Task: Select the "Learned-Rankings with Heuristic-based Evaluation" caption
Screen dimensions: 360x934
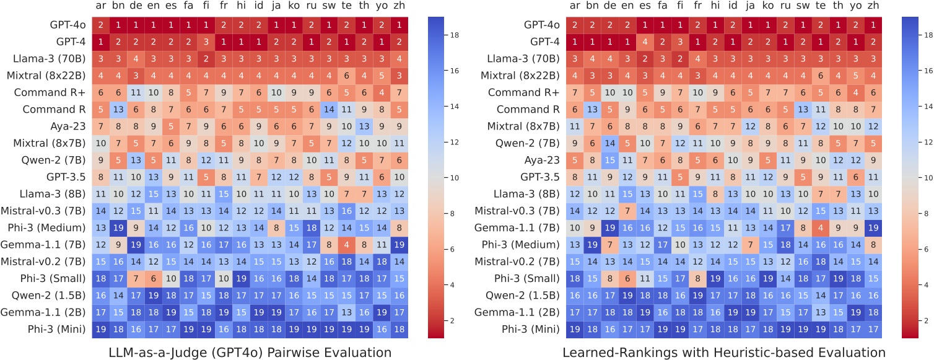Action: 724,352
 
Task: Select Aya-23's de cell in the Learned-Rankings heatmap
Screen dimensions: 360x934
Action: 610,159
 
